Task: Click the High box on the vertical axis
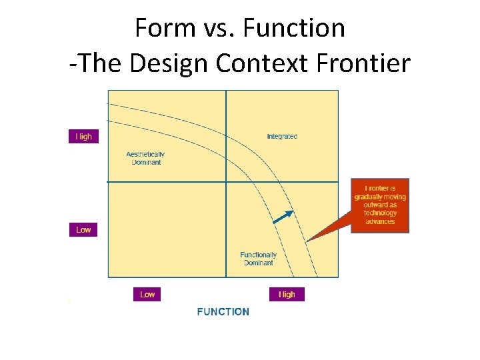[x=83, y=137]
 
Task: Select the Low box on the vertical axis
[x=83, y=230]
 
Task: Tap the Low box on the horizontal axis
[x=147, y=294]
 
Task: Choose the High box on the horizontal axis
[x=287, y=294]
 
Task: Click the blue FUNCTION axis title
[x=223, y=311]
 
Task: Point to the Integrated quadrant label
[x=282, y=137]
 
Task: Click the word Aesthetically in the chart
[x=145, y=155]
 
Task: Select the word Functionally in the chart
[x=258, y=255]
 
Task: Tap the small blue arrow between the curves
[x=283, y=217]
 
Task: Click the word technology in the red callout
[x=380, y=213]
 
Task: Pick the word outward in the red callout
[x=380, y=205]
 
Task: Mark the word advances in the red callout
[x=380, y=221]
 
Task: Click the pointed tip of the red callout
[x=308, y=240]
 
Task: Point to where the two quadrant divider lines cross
[x=226, y=181]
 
